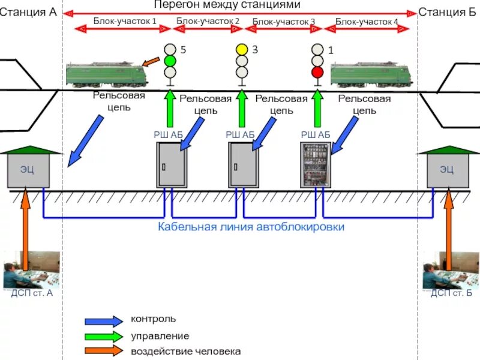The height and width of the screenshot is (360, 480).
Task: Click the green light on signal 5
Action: click(170, 61)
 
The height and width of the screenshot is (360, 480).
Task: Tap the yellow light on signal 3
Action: click(242, 50)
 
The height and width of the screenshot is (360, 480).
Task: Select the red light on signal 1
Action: click(317, 73)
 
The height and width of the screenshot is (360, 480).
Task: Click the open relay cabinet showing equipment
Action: click(316, 165)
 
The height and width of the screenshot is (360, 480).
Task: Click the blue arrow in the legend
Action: click(104, 321)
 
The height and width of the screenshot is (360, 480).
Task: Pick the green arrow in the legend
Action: click(104, 336)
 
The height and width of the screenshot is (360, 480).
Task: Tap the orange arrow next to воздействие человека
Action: click(104, 351)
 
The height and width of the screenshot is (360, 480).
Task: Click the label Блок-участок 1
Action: click(125, 21)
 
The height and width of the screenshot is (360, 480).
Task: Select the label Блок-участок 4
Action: click(367, 22)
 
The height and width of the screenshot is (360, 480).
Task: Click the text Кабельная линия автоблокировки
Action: click(251, 227)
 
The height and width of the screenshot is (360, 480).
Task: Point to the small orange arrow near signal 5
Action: click(151, 62)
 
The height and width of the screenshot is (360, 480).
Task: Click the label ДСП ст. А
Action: click(32, 293)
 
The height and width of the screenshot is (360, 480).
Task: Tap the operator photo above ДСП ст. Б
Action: click(451, 271)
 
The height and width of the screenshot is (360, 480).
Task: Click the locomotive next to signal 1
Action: click(371, 74)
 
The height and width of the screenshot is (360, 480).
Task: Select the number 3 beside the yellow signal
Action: click(255, 49)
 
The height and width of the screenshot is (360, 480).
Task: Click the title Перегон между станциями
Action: click(227, 5)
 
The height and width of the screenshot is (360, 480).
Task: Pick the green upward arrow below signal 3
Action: click(242, 109)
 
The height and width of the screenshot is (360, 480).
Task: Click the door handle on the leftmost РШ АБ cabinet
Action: click(164, 167)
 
